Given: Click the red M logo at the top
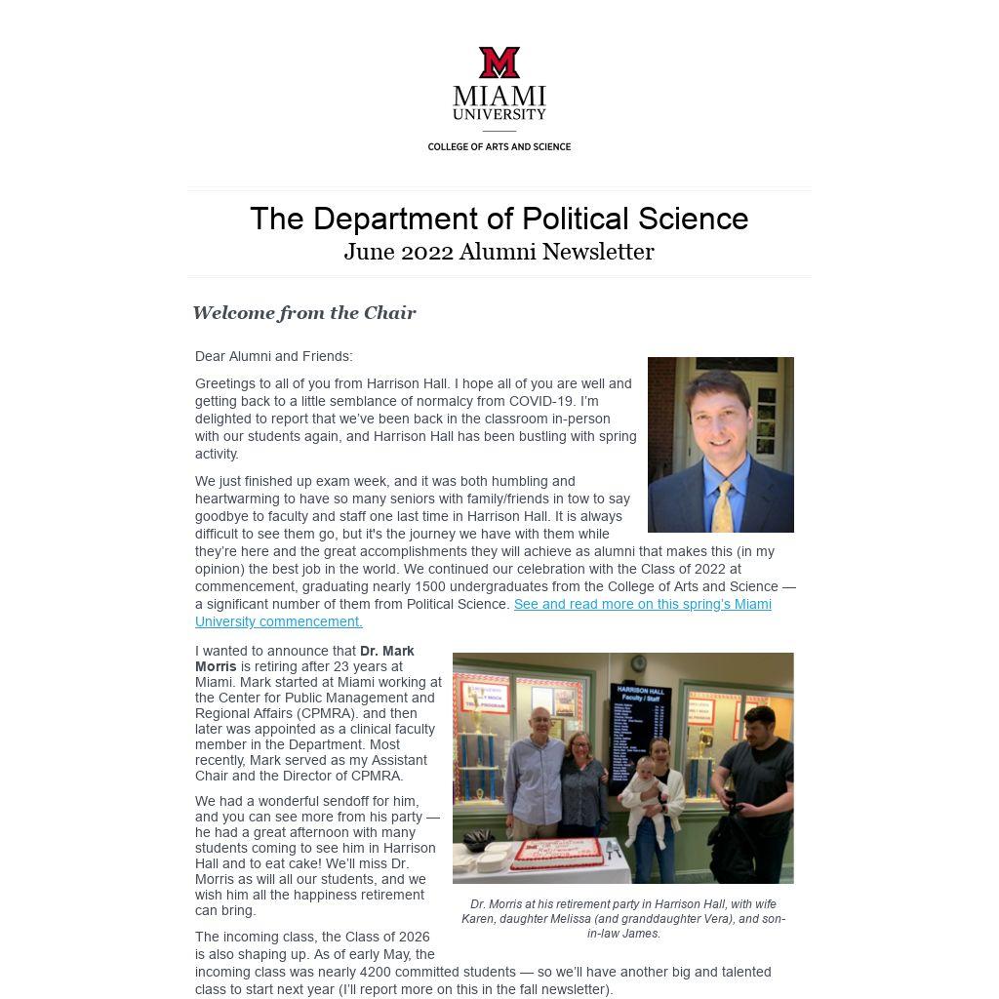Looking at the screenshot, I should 499,62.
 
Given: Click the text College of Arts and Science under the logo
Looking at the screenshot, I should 499,147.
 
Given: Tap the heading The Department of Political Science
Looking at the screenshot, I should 499,219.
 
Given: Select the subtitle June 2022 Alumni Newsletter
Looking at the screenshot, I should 499,252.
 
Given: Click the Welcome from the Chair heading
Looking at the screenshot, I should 304,313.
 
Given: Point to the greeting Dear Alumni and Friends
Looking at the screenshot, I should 273,357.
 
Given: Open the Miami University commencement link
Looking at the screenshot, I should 642,605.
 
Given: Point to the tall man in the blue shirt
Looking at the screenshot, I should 535,780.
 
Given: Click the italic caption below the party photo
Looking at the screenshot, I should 623,919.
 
